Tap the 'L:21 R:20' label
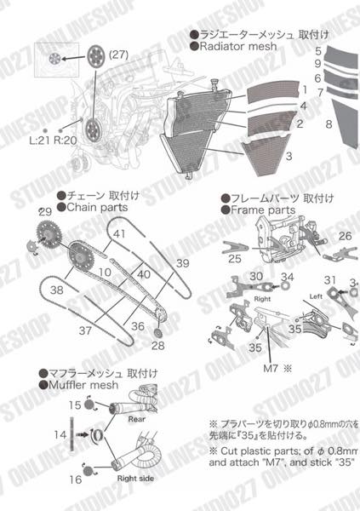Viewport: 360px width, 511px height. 54,140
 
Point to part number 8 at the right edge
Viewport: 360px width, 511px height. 328,124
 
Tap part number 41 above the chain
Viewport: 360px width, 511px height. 120,233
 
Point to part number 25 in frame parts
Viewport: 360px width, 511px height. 235,257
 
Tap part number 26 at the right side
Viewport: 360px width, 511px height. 345,236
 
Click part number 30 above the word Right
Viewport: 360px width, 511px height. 256,276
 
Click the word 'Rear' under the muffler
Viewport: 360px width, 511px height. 137,418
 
